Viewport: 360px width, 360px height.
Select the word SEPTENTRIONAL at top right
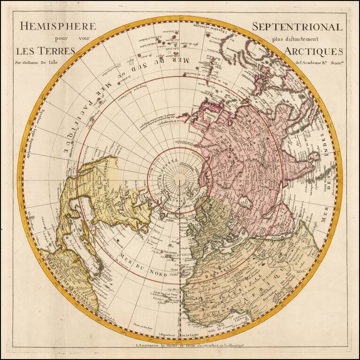298,27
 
